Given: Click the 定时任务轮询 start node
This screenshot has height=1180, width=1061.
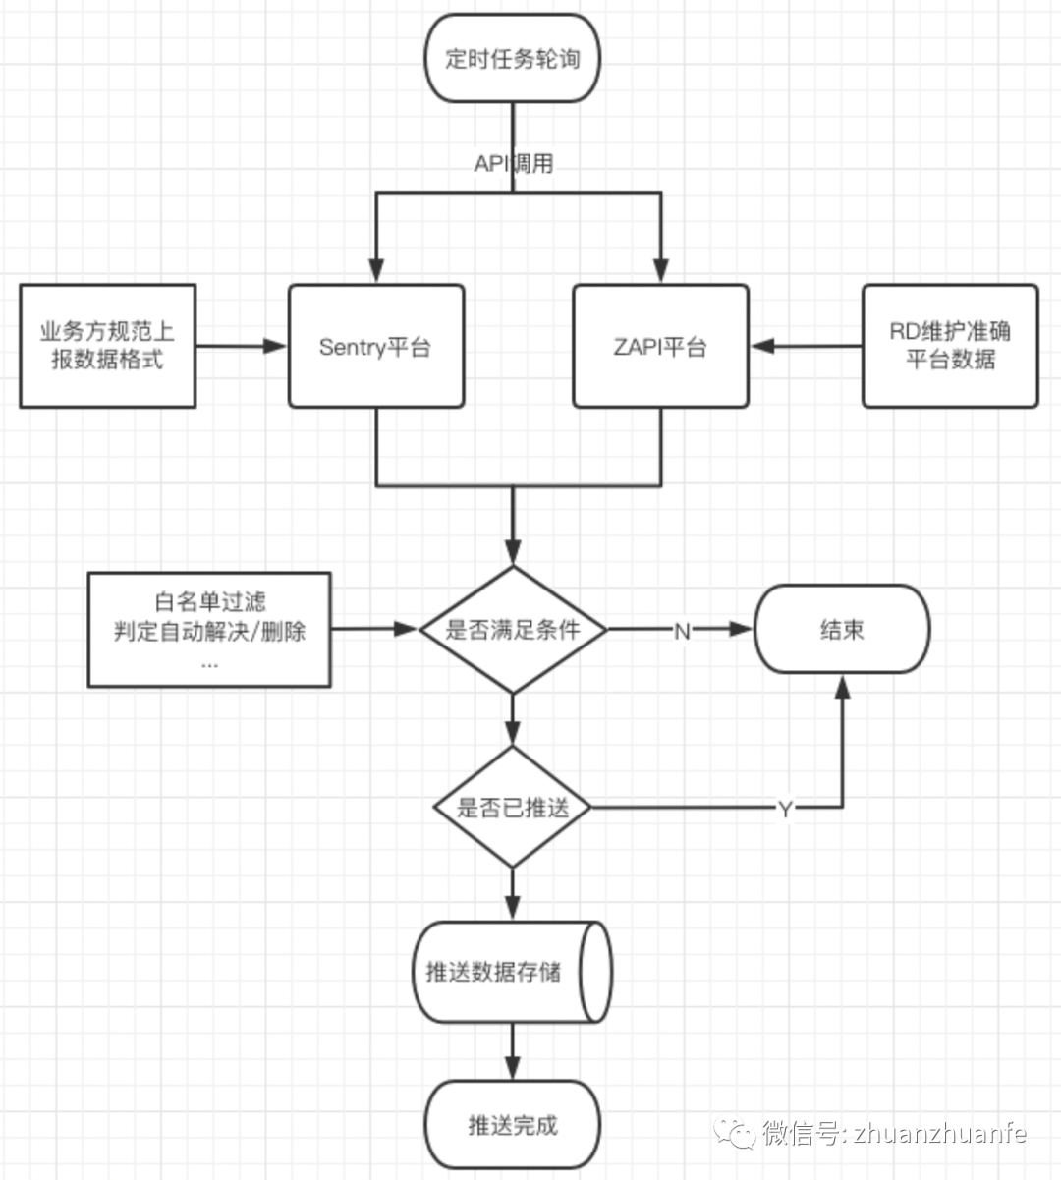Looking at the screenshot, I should (x=512, y=59).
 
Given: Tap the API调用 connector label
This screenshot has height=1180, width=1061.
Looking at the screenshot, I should (x=513, y=163).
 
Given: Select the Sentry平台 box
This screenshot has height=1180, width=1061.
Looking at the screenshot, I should (x=376, y=346).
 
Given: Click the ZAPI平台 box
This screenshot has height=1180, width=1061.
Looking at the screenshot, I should (x=660, y=346).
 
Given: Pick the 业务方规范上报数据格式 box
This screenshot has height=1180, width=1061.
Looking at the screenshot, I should (x=108, y=346).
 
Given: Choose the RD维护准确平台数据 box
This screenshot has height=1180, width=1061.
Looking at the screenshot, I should (x=950, y=346).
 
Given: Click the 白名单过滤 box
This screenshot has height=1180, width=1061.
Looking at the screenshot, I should (x=209, y=630).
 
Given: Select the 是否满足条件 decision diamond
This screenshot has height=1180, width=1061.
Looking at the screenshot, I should (x=513, y=630).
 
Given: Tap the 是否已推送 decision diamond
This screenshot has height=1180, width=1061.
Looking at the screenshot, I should (x=513, y=808).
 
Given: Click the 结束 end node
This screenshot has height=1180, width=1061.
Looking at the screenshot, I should (x=842, y=630).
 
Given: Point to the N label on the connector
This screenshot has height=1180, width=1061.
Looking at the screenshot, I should (x=682, y=631).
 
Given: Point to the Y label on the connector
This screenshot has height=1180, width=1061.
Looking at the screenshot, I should (x=785, y=809).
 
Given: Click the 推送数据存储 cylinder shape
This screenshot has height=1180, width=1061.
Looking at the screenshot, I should (x=511, y=972).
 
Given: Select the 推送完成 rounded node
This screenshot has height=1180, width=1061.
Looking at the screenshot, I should (x=512, y=1125).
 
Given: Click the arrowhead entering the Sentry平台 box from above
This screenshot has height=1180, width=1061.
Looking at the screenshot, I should (x=376, y=271).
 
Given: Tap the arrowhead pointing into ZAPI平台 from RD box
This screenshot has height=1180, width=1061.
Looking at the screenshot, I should (x=762, y=346).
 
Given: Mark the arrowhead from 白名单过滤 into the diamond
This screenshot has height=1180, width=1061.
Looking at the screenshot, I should (x=407, y=629).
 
